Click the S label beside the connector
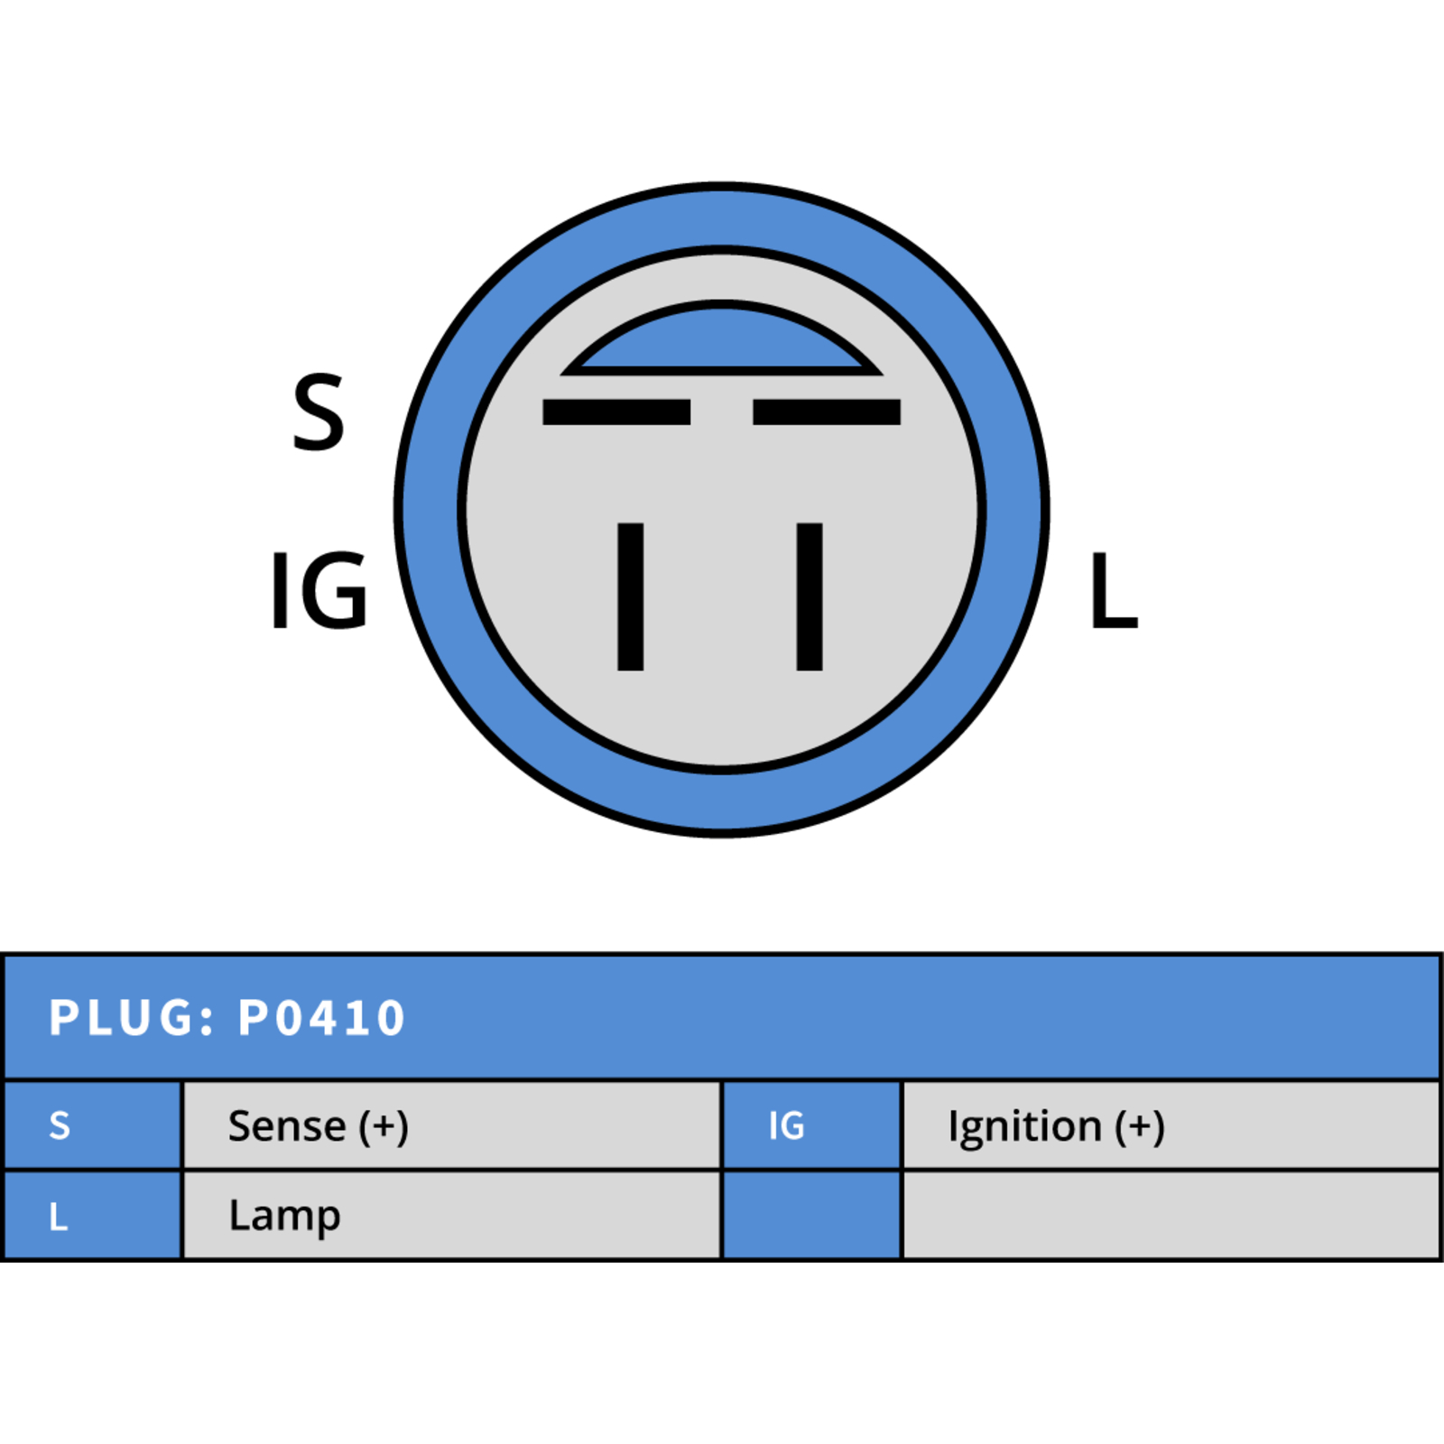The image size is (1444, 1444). point(319,412)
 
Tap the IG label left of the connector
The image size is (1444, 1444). point(319,590)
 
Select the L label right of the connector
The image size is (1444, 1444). point(1115,590)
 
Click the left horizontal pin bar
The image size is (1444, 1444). point(616,412)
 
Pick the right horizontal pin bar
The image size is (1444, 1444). point(827,412)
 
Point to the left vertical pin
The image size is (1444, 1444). point(630,597)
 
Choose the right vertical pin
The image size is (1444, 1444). point(810,597)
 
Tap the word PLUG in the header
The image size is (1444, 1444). point(120,1018)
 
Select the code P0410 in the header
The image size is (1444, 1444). point(321,1018)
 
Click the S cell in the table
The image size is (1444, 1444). point(93,1125)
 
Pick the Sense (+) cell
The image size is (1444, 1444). point(452,1125)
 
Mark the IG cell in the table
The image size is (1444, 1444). point(812,1125)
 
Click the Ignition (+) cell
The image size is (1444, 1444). point(1171,1125)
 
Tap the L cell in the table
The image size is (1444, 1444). point(93,1215)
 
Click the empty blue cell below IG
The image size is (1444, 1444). point(812,1215)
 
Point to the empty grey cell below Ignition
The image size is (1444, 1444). point(1171,1215)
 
